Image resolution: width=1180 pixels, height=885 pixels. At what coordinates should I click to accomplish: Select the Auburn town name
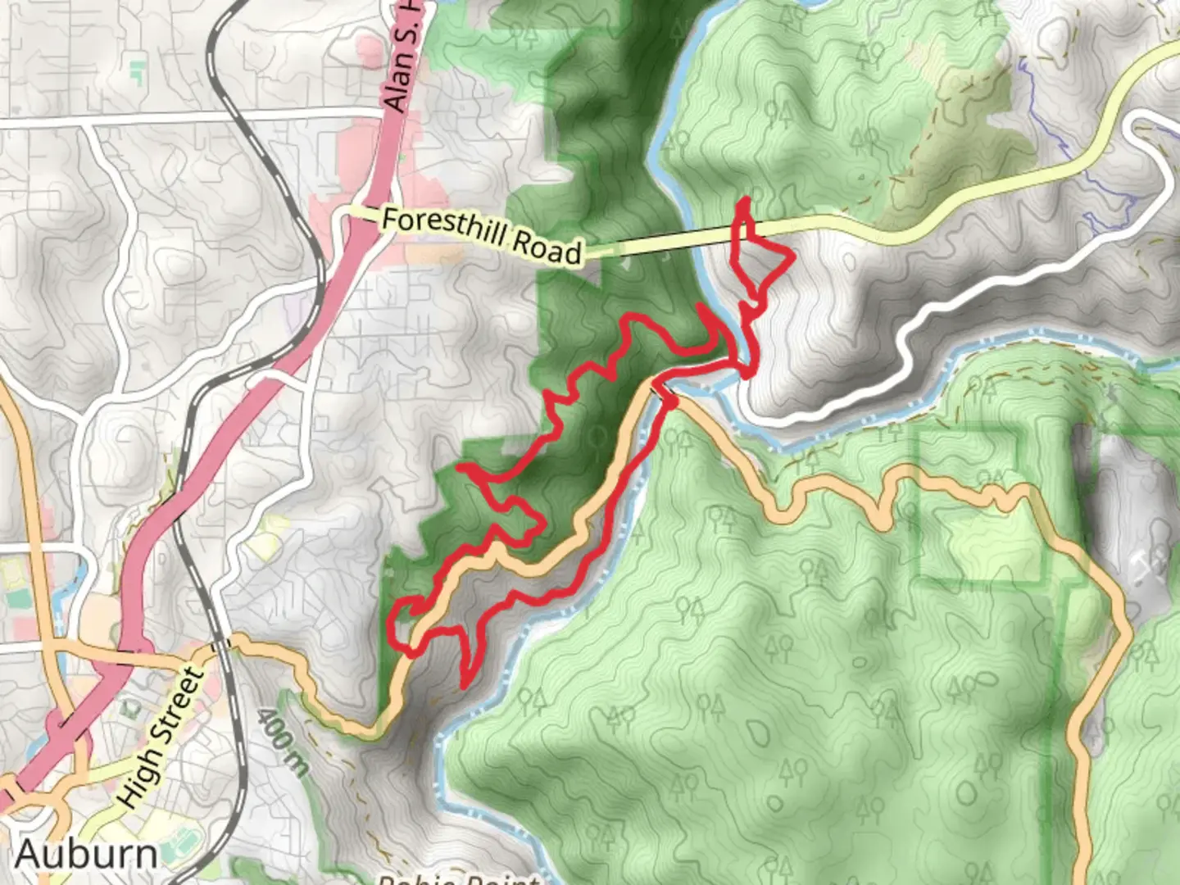(86, 854)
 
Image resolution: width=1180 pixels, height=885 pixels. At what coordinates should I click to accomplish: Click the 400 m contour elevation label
(284, 742)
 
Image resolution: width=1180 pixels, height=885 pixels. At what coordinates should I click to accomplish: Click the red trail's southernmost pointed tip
(465, 685)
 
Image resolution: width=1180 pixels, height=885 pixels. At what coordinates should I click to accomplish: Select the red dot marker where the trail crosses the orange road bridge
(670, 402)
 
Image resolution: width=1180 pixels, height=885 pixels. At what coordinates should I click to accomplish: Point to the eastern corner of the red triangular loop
(792, 258)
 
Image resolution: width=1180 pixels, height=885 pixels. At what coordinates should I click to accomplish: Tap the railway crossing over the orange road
(220, 645)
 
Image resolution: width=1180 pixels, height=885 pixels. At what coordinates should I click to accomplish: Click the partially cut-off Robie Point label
(459, 877)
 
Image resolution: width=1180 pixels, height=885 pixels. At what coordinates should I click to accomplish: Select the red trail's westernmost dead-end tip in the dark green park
(461, 468)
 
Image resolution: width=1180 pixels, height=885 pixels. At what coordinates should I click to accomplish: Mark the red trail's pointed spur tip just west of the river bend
(701, 307)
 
